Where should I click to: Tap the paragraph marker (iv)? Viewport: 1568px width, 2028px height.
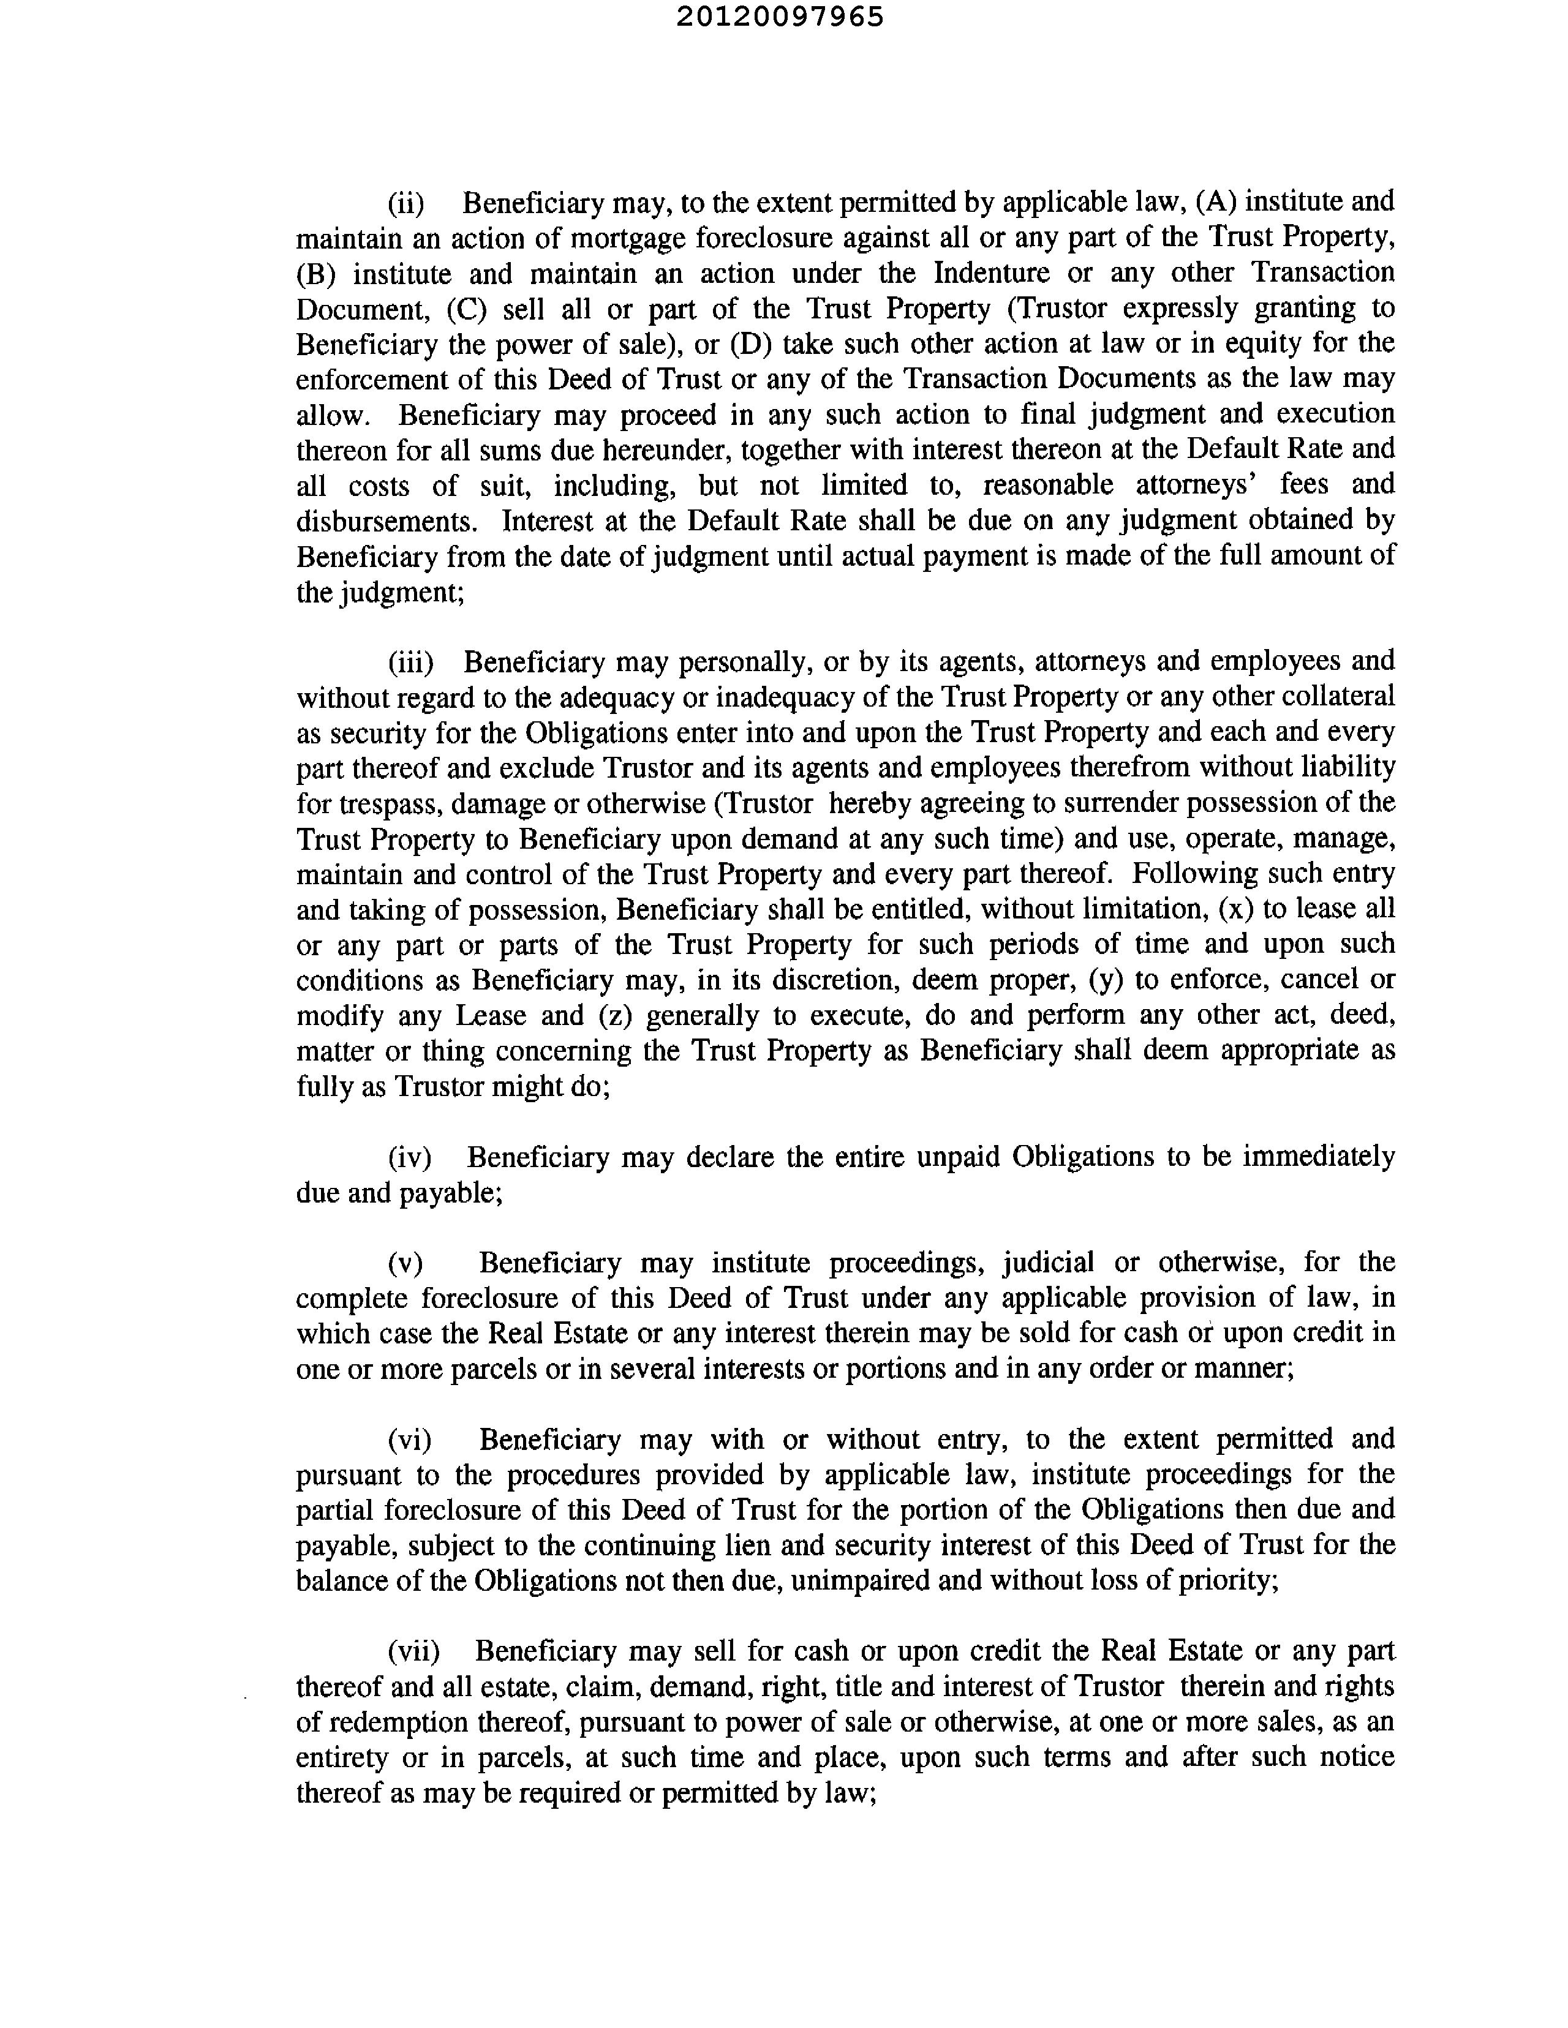(x=410, y=1158)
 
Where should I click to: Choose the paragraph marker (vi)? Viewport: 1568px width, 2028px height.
(x=410, y=1440)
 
